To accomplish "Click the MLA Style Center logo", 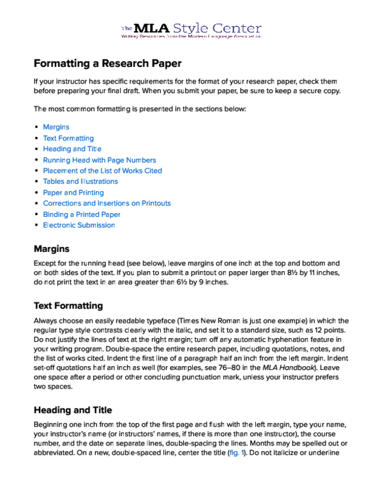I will (191, 31).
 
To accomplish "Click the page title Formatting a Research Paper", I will (107, 64).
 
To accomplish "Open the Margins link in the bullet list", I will (56, 127).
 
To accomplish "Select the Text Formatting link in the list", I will (68, 138).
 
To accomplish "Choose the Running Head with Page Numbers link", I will (99, 159).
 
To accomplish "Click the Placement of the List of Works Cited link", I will (102, 170).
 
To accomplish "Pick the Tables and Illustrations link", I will (80, 181).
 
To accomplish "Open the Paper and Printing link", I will (73, 192).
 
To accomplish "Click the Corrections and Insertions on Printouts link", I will (107, 203).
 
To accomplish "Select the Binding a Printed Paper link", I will (82, 214).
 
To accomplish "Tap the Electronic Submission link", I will (79, 225).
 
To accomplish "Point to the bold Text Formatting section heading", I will (68, 306).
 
